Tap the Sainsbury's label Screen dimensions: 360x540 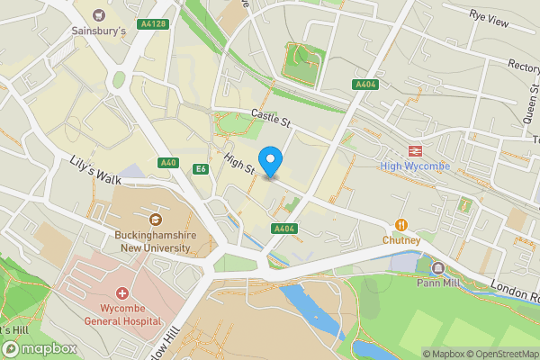(98, 31)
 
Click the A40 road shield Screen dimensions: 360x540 (167, 163)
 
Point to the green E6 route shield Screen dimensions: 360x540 (201, 168)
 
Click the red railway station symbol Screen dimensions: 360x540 (416, 150)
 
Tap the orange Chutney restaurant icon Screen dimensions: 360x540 (400, 225)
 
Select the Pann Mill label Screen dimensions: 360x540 (438, 283)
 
